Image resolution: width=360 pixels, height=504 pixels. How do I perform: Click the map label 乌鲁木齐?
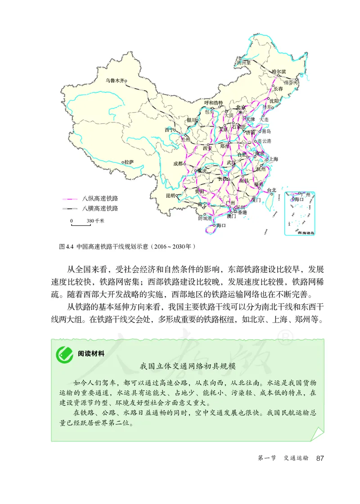(x=114, y=81)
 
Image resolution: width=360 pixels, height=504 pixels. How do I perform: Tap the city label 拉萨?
(x=129, y=162)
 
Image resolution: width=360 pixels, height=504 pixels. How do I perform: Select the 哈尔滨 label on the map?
(x=279, y=71)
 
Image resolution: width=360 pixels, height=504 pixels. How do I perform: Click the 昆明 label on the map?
(x=170, y=196)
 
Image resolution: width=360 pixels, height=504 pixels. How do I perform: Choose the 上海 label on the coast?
(x=273, y=159)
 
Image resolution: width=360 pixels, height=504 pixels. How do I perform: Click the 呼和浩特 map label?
(x=214, y=103)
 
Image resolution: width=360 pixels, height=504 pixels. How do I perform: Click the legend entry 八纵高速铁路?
(x=100, y=198)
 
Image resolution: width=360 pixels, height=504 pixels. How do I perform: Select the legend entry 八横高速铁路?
(x=100, y=208)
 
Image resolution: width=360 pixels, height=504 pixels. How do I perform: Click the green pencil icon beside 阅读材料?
(x=64, y=353)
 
